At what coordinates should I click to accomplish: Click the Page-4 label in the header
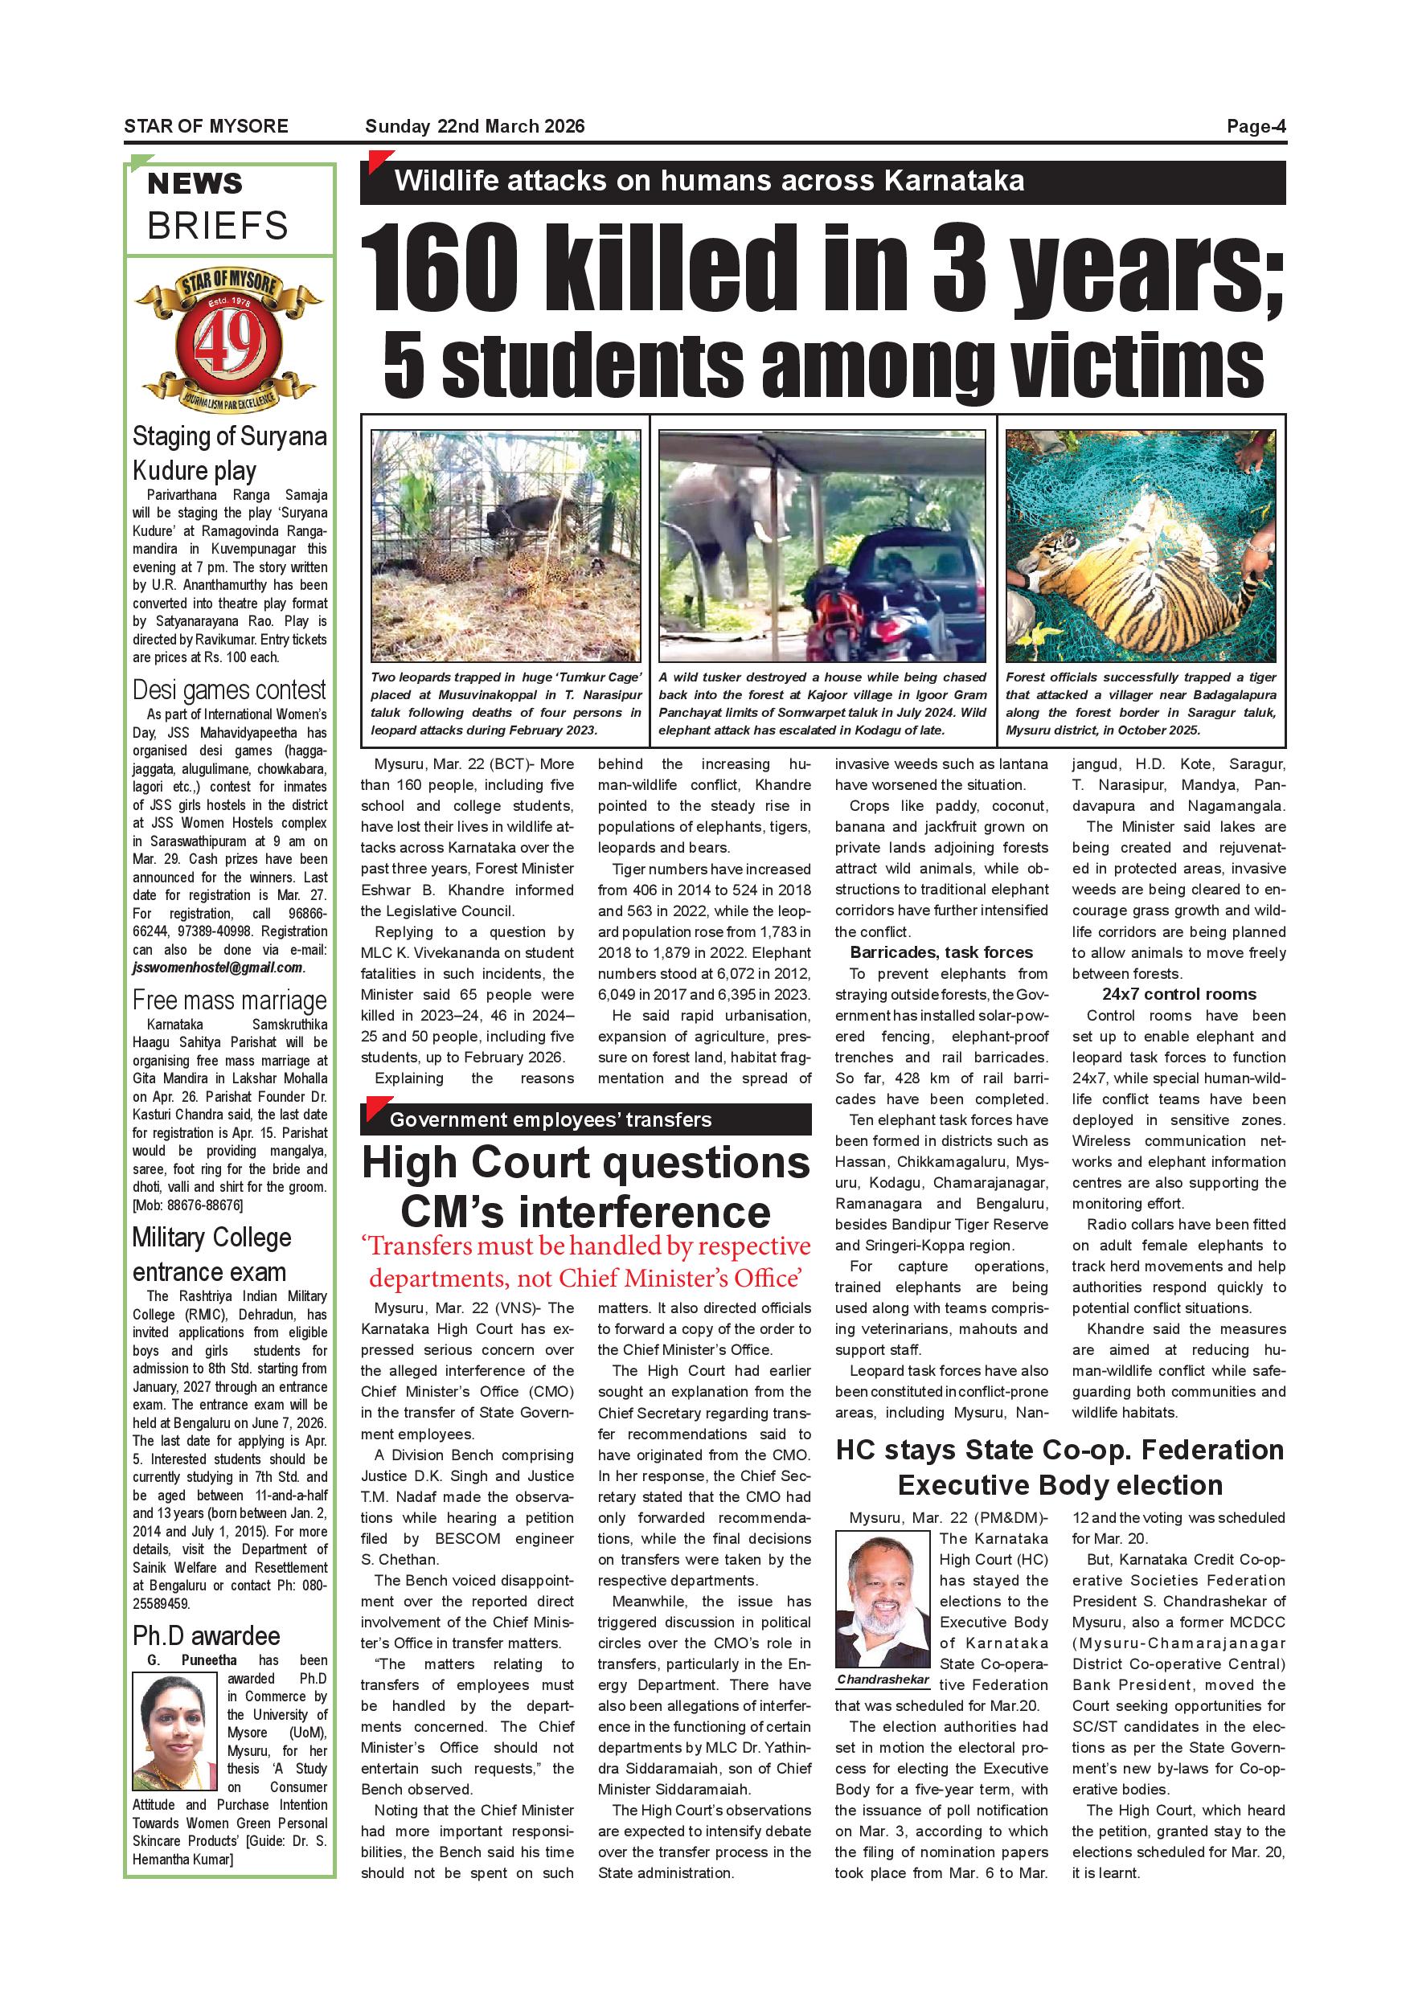pyautogui.click(x=1256, y=127)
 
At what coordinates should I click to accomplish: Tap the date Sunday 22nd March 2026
pyautogui.click(x=475, y=127)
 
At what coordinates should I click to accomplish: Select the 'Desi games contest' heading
pyautogui.click(x=229, y=691)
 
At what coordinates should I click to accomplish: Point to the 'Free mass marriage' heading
pyautogui.click(x=229, y=1001)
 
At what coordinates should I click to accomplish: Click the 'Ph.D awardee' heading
pyautogui.click(x=206, y=1636)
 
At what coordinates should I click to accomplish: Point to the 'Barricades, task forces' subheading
pyautogui.click(x=941, y=953)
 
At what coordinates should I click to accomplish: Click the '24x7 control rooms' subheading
pyautogui.click(x=1178, y=995)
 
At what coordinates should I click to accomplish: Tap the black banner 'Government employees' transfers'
pyautogui.click(x=585, y=1119)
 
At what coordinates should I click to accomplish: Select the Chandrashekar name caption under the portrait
pyautogui.click(x=882, y=1680)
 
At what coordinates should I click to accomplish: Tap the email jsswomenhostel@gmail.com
pyautogui.click(x=216, y=968)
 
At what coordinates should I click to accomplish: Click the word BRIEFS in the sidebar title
pyautogui.click(x=217, y=227)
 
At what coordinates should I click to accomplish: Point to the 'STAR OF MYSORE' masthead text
pyautogui.click(x=206, y=127)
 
